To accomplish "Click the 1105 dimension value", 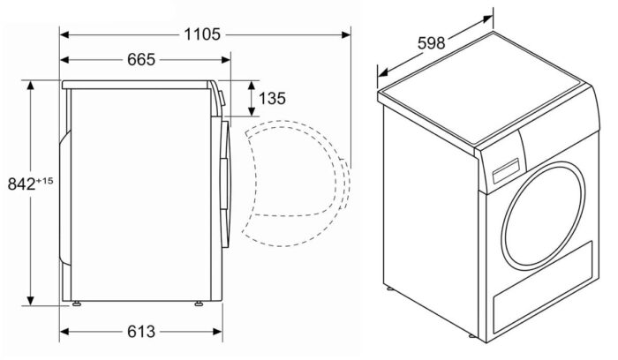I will [x=203, y=34].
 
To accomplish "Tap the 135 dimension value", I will [x=273, y=98].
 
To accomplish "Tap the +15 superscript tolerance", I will [x=46, y=180].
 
